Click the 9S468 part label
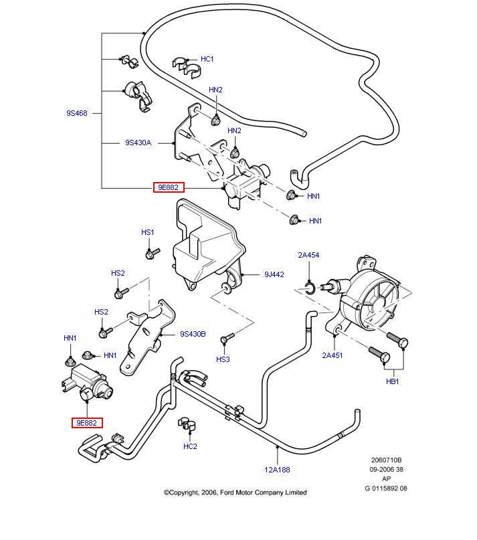tap(77, 114)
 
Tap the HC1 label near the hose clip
tap(207, 60)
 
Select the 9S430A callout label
tap(138, 143)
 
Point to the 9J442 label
tap(274, 274)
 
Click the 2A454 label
tap(308, 255)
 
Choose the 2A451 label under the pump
tap(332, 355)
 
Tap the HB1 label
tap(392, 381)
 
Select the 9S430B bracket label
tap(193, 334)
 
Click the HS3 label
tap(223, 359)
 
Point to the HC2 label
tap(190, 446)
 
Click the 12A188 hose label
tap(277, 469)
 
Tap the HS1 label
tap(147, 232)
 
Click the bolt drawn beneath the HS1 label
tap(152, 254)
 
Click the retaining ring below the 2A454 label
tap(308, 288)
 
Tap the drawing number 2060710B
tap(386, 460)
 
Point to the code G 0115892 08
tap(385, 488)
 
